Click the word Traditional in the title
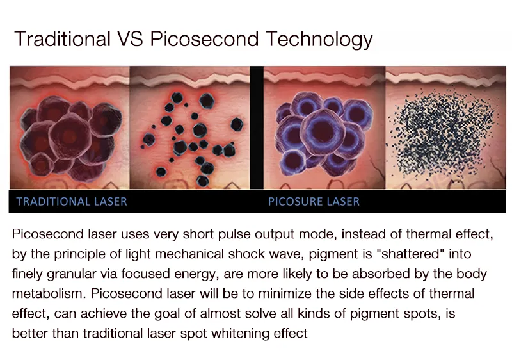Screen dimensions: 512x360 point(62,39)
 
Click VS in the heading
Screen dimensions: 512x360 point(130,39)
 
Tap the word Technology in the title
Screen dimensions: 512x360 point(319,40)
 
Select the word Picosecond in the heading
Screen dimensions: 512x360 point(204,39)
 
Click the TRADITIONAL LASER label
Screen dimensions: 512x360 point(72,202)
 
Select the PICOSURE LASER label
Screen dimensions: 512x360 point(314,202)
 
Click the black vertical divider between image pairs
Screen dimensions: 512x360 point(257,127)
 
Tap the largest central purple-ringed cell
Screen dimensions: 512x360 point(323,132)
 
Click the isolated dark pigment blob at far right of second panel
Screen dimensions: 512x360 point(237,124)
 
